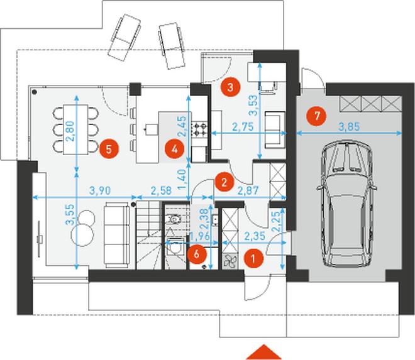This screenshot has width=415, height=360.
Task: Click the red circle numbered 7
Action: [316, 116]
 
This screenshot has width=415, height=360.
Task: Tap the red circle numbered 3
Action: [230, 87]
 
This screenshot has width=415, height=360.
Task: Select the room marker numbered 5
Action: [109, 149]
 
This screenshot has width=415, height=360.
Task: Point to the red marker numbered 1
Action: [253, 258]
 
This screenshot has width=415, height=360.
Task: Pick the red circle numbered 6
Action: [196, 254]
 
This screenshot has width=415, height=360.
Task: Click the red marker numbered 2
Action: [224, 182]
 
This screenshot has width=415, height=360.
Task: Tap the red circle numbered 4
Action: [174, 150]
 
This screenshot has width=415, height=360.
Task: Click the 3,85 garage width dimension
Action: [349, 126]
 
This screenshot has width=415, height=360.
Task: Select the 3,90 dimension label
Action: [100, 190]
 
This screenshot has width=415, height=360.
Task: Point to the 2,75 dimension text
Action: [243, 126]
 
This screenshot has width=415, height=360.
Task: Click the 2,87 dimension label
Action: [248, 190]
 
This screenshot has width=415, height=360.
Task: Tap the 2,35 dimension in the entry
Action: [255, 236]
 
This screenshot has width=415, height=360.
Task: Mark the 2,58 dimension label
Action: [161, 190]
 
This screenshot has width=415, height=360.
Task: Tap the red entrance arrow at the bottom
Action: [263, 352]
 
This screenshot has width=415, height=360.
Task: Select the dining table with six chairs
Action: [75, 129]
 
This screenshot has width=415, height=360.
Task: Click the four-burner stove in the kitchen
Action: [199, 129]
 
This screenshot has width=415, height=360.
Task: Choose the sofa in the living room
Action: [117, 235]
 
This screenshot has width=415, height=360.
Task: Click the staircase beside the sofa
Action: [149, 235]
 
